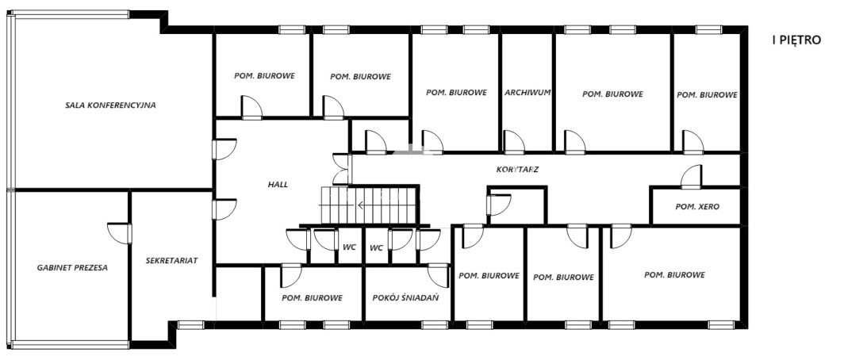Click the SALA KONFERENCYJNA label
[x=110, y=105]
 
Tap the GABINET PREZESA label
[x=72, y=267]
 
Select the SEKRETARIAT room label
[x=171, y=260]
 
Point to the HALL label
[x=278, y=184]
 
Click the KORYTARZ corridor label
[x=517, y=169]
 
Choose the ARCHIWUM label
[x=527, y=92]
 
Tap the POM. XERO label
[x=697, y=207]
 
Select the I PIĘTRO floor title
[x=796, y=40]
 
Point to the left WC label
[x=349, y=247]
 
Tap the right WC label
[x=376, y=248]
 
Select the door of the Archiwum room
[x=514, y=142]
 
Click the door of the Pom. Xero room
[x=691, y=177]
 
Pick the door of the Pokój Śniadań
[x=439, y=275]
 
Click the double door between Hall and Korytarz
[x=342, y=168]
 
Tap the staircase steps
[x=370, y=205]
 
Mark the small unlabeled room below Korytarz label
[x=516, y=205]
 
